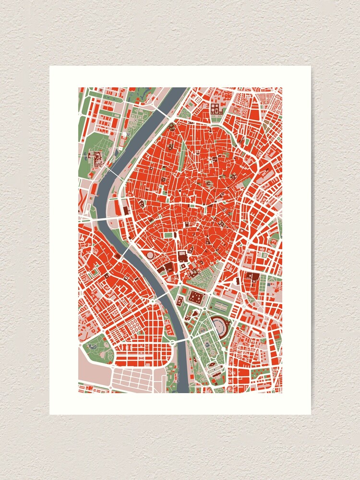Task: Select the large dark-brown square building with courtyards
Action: tap(196, 298)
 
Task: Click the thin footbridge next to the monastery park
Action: tap(115, 170)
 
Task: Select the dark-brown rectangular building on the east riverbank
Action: tap(126, 210)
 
